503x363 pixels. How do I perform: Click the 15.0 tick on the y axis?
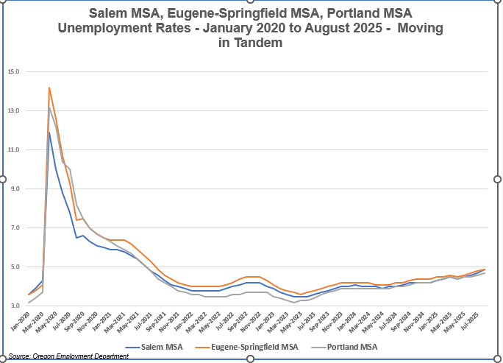pos(13,71)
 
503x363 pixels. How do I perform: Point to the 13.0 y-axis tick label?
pos(13,110)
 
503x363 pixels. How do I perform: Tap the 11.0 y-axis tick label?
pos(13,149)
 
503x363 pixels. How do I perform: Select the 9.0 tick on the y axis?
pos(14,188)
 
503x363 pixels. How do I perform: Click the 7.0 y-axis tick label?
pos(14,228)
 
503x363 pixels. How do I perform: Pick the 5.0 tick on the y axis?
pos(14,267)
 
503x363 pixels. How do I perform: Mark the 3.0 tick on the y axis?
pos(14,306)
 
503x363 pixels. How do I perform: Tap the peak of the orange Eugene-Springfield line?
pos(49,88)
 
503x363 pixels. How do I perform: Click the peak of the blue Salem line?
pos(49,133)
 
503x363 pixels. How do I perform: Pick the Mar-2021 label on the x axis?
pos(117,321)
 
